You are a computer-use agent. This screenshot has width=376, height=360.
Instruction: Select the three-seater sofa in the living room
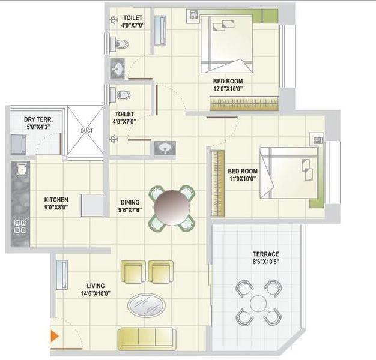click(x=148, y=338)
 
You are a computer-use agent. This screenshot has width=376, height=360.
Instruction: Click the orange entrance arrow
click(x=54, y=337)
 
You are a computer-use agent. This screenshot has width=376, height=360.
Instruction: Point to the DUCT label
click(x=86, y=130)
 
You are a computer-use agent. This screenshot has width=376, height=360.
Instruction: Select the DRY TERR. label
click(x=38, y=123)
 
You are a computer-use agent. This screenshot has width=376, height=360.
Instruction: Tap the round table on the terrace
click(x=258, y=303)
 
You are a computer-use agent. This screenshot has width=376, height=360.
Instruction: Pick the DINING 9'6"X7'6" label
click(x=130, y=206)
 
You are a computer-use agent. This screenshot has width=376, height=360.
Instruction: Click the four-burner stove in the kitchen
click(x=20, y=226)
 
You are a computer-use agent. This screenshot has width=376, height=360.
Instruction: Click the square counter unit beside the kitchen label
click(x=92, y=205)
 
